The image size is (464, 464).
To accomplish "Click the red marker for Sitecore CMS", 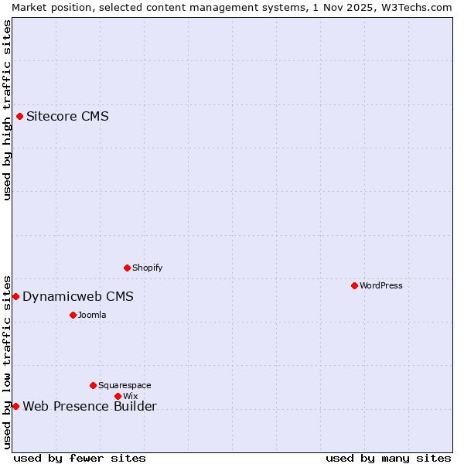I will (20, 117).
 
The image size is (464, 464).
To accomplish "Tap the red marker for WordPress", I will (355, 285).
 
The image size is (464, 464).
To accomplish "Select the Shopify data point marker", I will (128, 268).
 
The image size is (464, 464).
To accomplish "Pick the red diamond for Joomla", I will (73, 315).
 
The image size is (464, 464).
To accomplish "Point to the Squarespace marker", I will (94, 385).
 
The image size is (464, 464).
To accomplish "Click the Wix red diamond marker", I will (118, 396).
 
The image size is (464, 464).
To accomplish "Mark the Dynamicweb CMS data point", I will (15, 297).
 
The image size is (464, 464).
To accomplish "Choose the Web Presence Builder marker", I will (15, 406).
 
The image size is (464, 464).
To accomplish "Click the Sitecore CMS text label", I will (67, 117).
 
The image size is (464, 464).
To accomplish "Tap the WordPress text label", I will (381, 285).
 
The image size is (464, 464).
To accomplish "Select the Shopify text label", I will (148, 268).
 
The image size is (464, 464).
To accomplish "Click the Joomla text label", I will (92, 315).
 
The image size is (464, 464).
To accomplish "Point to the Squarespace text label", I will (125, 385).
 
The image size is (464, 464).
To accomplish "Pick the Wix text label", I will (130, 396).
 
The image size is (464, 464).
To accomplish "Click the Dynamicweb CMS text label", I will (78, 297).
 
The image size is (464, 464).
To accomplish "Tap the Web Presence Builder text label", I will (90, 407).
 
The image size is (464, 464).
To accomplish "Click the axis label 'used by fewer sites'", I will (80, 458).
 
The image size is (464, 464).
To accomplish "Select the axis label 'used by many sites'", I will (388, 458).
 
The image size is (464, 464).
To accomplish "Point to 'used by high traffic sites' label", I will (8, 110).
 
